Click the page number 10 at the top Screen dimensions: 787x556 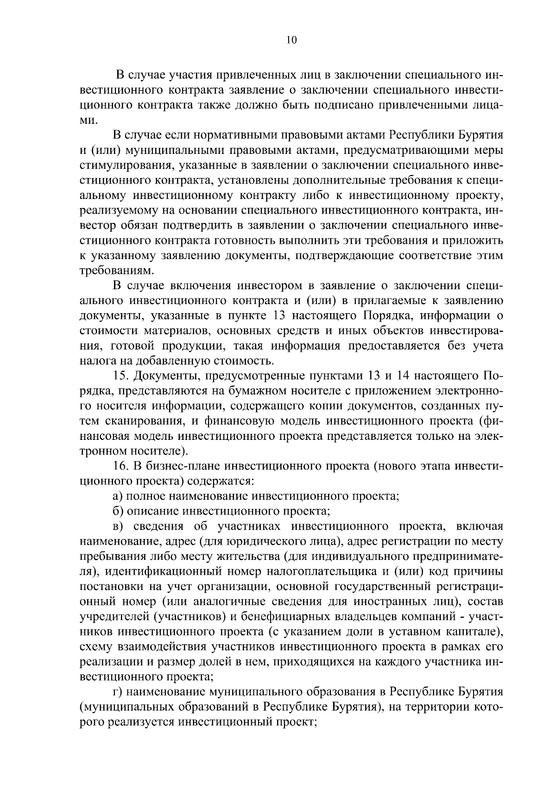click(x=291, y=40)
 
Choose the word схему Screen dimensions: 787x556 click(x=96, y=648)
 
